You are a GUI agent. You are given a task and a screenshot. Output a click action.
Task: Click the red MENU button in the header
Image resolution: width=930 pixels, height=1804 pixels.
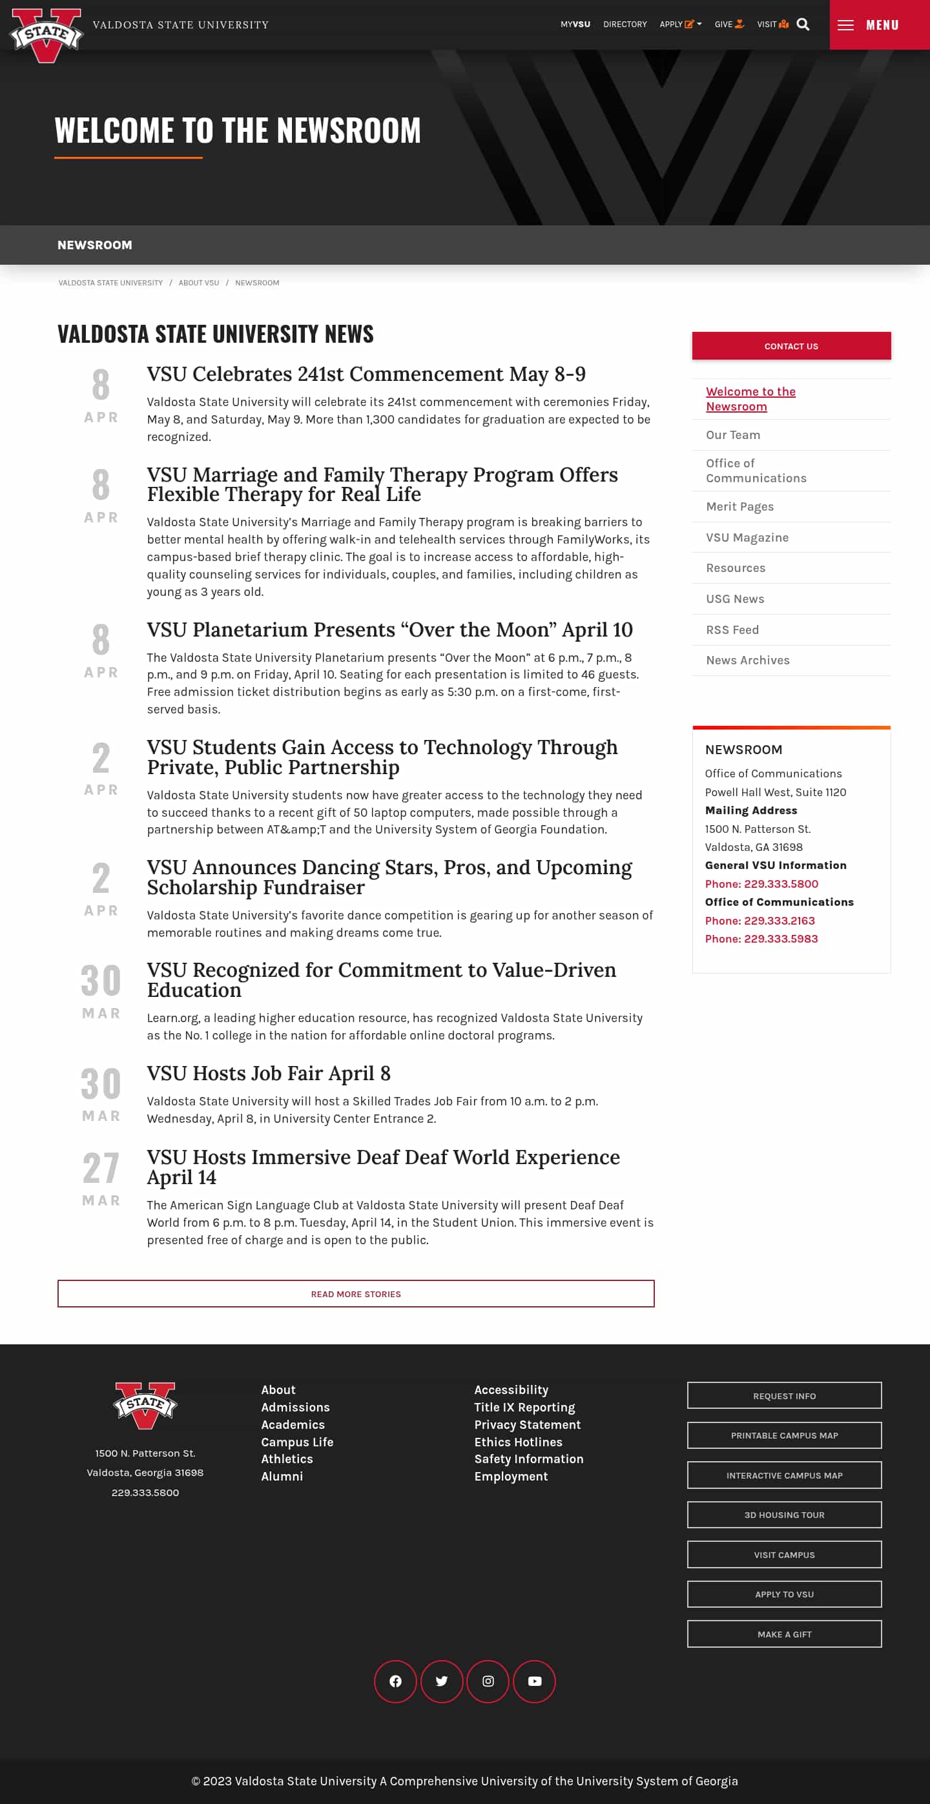(x=879, y=25)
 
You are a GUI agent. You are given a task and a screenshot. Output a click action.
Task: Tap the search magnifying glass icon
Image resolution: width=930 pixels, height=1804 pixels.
(x=803, y=25)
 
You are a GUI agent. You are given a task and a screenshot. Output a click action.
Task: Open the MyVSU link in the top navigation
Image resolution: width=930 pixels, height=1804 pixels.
(x=575, y=25)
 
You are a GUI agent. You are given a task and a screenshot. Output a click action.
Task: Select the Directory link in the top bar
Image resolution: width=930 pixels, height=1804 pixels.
(x=625, y=25)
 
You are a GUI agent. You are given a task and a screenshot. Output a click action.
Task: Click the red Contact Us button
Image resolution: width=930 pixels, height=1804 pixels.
(x=790, y=346)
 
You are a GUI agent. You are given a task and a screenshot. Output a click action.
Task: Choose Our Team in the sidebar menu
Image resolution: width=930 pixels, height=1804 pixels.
(x=732, y=435)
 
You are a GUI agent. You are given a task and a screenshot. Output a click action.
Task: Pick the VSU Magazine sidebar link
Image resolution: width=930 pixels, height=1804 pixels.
(x=747, y=537)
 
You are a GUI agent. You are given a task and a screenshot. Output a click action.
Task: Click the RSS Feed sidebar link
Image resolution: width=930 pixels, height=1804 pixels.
(x=732, y=630)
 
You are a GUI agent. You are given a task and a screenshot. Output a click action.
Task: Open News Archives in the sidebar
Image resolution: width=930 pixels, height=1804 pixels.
(x=747, y=661)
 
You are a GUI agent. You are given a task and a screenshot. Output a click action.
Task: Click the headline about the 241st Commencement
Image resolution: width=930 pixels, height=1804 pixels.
(x=366, y=374)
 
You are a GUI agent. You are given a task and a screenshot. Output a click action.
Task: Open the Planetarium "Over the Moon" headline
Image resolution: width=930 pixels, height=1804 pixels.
(x=389, y=630)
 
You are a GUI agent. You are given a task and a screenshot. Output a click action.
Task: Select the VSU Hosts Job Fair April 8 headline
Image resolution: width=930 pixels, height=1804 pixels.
(x=268, y=1074)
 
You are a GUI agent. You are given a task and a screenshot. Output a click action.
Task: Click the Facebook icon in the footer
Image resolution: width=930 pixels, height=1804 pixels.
(x=395, y=1681)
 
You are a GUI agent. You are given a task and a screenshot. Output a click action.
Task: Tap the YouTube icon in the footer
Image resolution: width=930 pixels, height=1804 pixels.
(x=534, y=1681)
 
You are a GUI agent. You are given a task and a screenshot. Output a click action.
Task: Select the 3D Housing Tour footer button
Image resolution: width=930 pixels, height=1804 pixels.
(x=783, y=1515)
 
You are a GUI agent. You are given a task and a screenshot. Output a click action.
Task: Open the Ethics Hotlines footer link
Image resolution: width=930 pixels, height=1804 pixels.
(x=517, y=1442)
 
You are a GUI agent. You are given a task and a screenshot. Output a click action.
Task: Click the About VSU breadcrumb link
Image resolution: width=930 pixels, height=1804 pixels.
(x=199, y=283)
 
